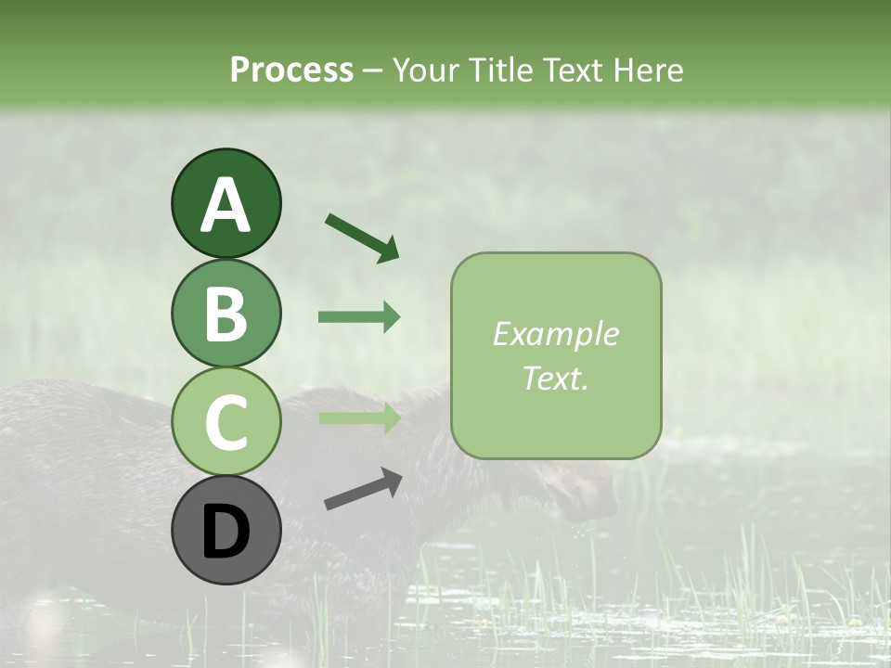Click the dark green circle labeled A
point(226,203)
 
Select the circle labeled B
point(226,313)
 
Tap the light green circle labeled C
point(226,422)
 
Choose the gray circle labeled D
point(226,531)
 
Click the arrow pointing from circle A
point(362,237)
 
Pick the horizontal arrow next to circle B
point(359,317)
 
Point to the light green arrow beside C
point(359,418)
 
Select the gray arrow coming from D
point(363,489)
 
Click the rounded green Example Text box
point(556,355)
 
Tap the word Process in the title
point(291,70)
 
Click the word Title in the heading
point(500,70)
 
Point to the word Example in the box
point(556,334)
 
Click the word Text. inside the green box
point(556,378)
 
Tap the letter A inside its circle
point(226,205)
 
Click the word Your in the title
point(422,70)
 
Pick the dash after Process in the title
point(373,71)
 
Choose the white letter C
point(226,423)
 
